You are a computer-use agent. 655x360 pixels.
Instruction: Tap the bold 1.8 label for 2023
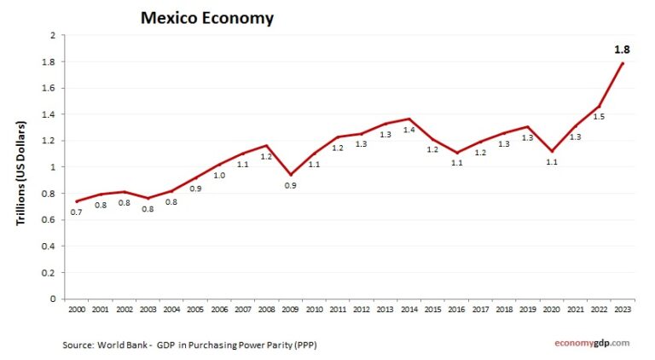point(622,49)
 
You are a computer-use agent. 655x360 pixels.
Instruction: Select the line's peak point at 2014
point(410,119)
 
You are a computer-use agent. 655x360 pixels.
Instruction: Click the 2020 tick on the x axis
point(552,308)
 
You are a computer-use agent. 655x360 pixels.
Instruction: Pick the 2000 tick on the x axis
point(77,308)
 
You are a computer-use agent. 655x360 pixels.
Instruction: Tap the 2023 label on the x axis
point(623,308)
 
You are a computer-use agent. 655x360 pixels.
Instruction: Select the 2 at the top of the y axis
point(53,36)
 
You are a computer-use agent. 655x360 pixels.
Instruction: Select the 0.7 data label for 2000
point(77,213)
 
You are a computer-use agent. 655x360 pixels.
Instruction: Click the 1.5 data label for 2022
point(598,117)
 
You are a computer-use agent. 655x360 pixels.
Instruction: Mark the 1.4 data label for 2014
point(410,130)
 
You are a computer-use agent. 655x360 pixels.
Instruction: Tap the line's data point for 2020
point(552,151)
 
